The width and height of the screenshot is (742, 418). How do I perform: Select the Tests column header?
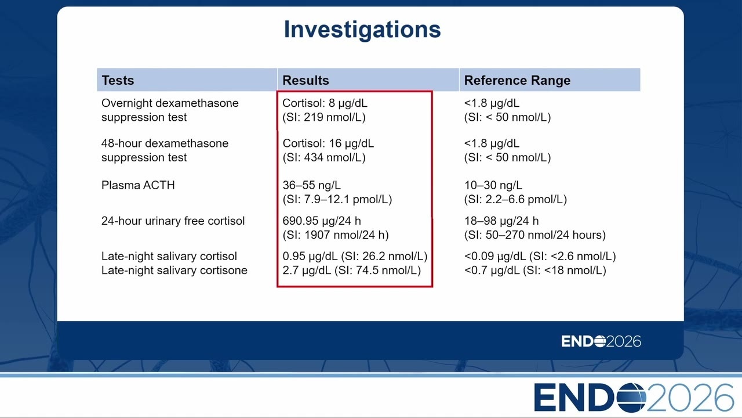coord(118,80)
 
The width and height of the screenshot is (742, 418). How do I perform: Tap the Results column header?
coord(305,80)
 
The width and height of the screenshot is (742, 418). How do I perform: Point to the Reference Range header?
coord(517,80)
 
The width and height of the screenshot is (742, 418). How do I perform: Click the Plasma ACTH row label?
coord(138,185)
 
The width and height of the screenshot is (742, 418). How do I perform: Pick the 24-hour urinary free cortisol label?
coord(173,221)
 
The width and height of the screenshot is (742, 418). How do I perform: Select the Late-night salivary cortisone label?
coord(174,271)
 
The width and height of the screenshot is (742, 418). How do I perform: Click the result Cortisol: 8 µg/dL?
coord(325,103)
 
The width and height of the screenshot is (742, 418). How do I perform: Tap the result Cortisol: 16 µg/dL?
coord(328,143)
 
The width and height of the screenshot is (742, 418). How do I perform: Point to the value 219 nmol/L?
coord(334,117)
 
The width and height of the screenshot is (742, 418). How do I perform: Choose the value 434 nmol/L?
coord(334,157)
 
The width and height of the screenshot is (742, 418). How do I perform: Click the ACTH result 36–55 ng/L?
coord(311,185)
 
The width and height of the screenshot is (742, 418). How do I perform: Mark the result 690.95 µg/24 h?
coord(322,221)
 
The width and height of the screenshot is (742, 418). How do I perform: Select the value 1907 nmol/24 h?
coord(345,235)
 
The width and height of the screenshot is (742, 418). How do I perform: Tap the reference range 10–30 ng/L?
coord(493,185)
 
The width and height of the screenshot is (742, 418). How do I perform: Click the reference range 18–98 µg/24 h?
coord(501,221)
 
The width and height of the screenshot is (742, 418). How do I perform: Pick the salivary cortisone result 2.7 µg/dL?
coord(307,271)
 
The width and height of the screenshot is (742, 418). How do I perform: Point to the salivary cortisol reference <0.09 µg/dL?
coord(495,257)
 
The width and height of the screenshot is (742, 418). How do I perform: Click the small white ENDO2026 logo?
coord(601,341)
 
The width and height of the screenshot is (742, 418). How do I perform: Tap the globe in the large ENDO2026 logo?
coord(631,398)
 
